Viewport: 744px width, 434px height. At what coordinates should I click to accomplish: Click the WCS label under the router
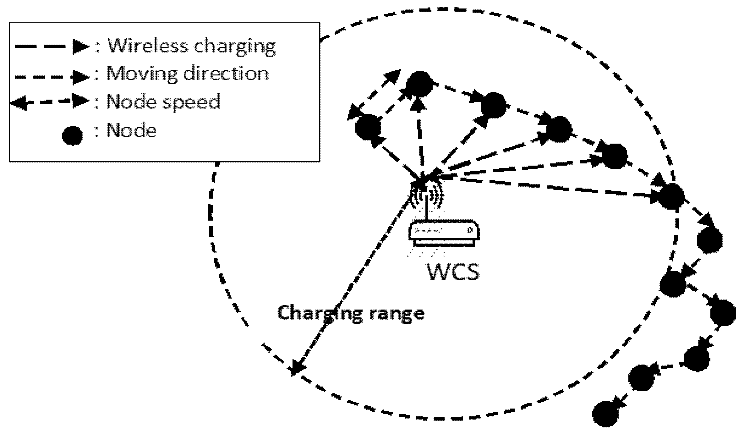453,272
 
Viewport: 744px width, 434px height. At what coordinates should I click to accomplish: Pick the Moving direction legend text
188,74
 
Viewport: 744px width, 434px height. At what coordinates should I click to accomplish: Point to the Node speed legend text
163,102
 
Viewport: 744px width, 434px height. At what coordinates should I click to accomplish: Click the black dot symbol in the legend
73,135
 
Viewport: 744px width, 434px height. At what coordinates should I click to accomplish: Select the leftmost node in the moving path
368,127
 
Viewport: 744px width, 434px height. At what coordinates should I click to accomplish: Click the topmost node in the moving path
419,84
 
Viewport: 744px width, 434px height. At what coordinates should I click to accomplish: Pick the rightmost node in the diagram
723,313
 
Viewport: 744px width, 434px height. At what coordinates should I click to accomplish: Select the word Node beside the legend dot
132,130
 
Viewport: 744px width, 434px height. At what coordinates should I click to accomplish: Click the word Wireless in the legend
148,47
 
